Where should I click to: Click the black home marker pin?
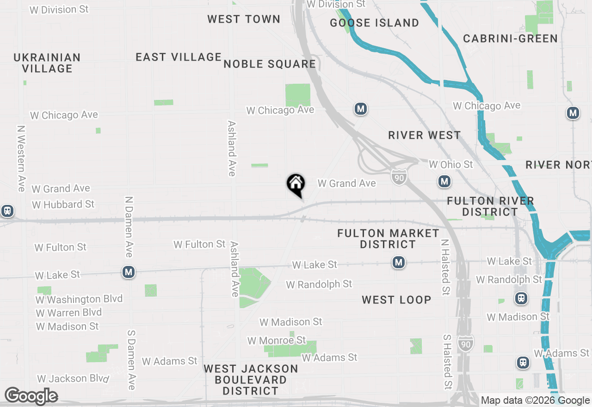[296, 185]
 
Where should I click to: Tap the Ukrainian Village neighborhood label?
[47, 63]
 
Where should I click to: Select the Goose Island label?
[375, 23]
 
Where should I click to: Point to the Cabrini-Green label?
[511, 38]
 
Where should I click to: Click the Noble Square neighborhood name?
[270, 64]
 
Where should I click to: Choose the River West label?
[425, 135]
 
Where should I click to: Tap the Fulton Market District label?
[388, 239]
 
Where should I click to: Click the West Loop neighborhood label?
[396, 300]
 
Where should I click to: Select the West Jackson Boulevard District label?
[251, 380]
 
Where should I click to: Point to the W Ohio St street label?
[451, 164]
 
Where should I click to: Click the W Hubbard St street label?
[63, 204]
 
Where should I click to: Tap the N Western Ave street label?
[21, 159]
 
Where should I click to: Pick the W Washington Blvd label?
[79, 299]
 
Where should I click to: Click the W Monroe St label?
[277, 340]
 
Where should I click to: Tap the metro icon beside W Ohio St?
[444, 182]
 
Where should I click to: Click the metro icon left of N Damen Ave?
[129, 272]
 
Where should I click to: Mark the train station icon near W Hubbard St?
[7, 211]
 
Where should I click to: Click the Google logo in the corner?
[31, 396]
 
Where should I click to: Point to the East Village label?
[179, 57]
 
